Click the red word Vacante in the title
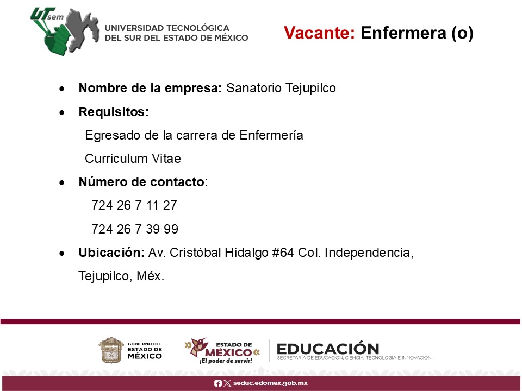pyautogui.click(x=320, y=33)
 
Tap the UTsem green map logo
pyautogui.click(x=65, y=31)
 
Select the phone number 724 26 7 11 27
pyautogui.click(x=134, y=205)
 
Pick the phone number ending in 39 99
pyautogui.click(x=135, y=229)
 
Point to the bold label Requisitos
pyautogui.click(x=114, y=112)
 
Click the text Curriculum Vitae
pyautogui.click(x=133, y=159)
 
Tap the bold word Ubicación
pyautogui.click(x=111, y=253)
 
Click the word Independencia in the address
pyautogui.click(x=369, y=253)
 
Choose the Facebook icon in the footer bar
pyautogui.click(x=217, y=383)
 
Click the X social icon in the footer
pyautogui.click(x=227, y=383)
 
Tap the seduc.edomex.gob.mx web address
pyautogui.click(x=270, y=383)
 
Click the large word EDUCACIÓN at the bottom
pyautogui.click(x=328, y=349)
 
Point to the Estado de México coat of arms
pyautogui.click(x=111, y=350)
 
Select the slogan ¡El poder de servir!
pyautogui.click(x=226, y=361)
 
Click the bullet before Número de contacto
pyautogui.click(x=62, y=182)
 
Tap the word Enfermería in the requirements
pyautogui.click(x=271, y=135)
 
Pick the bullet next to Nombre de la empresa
pyautogui.click(x=62, y=89)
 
